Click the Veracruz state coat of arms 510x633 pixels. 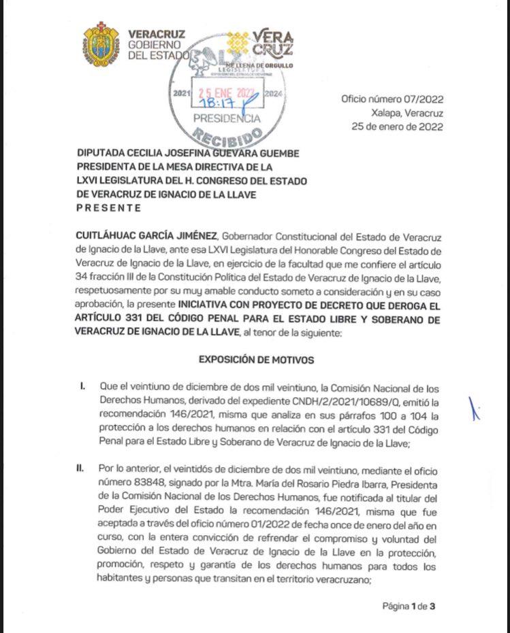(101, 44)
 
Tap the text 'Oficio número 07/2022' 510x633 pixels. (392, 99)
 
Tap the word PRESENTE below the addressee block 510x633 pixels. (110, 208)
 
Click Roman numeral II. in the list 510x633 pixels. (82, 469)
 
